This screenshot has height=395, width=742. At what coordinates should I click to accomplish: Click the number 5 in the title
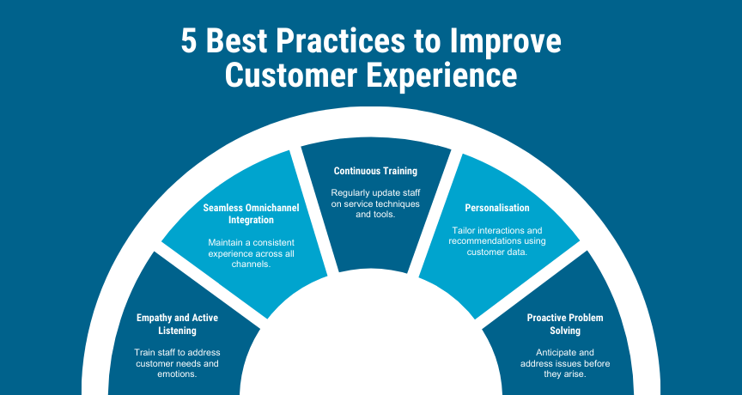point(189,40)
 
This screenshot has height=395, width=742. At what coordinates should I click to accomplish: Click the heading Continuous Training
point(376,171)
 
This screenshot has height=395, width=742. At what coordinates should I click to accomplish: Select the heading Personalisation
point(497,208)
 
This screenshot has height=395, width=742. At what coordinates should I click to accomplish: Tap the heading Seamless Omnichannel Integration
point(252,214)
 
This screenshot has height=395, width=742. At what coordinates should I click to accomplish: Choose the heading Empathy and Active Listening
point(178,324)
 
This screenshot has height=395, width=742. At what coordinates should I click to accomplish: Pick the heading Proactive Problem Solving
point(565,324)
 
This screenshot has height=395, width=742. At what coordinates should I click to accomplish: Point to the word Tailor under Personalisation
point(463,230)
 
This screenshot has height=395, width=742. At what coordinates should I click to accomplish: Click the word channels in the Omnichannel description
point(251,264)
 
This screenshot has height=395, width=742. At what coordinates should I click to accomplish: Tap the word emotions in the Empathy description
point(177,374)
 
